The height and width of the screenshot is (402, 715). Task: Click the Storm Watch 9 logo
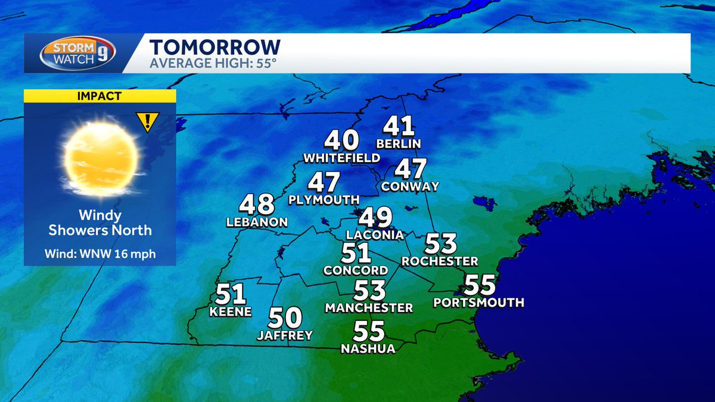coord(77,53)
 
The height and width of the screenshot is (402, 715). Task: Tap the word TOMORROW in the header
coord(214,47)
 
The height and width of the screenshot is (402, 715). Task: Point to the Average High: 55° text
coord(213,63)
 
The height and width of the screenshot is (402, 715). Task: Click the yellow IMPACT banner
coord(100,95)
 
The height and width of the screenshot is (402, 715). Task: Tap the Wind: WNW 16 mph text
coord(100,254)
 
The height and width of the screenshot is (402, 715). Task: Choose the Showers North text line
coord(100,230)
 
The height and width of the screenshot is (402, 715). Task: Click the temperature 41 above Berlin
coord(398,126)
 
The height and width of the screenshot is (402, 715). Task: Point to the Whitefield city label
coord(341,158)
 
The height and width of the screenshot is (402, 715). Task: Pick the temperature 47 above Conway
coord(411,169)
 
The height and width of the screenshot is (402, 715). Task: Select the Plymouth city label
coord(324,200)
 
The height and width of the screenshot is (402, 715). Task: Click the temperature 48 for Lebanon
coord(257,205)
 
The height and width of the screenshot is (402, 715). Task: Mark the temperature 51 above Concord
coord(356,253)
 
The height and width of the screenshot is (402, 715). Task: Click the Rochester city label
coord(440,261)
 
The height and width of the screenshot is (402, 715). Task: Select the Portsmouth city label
coord(479,303)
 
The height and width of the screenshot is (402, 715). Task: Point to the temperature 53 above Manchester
coord(369,291)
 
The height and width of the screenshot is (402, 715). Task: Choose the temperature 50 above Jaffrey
coord(285,318)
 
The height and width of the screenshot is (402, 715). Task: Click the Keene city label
coord(231,311)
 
